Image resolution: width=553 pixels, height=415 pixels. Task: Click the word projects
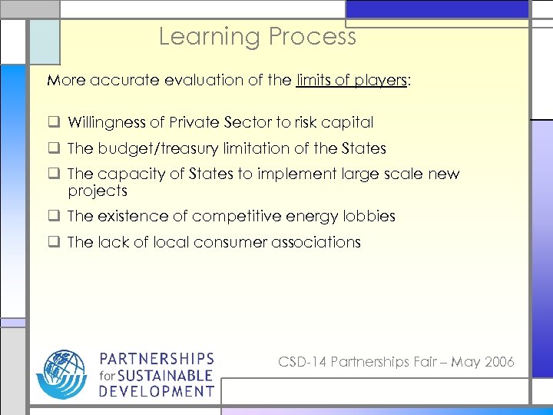[98, 191]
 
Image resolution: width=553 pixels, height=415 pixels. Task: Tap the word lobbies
[370, 217]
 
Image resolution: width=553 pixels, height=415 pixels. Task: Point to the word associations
[316, 242]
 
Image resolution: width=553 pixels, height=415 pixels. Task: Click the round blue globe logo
[62, 375]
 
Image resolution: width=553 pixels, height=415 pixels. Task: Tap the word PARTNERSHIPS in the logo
[157, 359]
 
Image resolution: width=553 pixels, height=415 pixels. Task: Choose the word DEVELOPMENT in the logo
[157, 391]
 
